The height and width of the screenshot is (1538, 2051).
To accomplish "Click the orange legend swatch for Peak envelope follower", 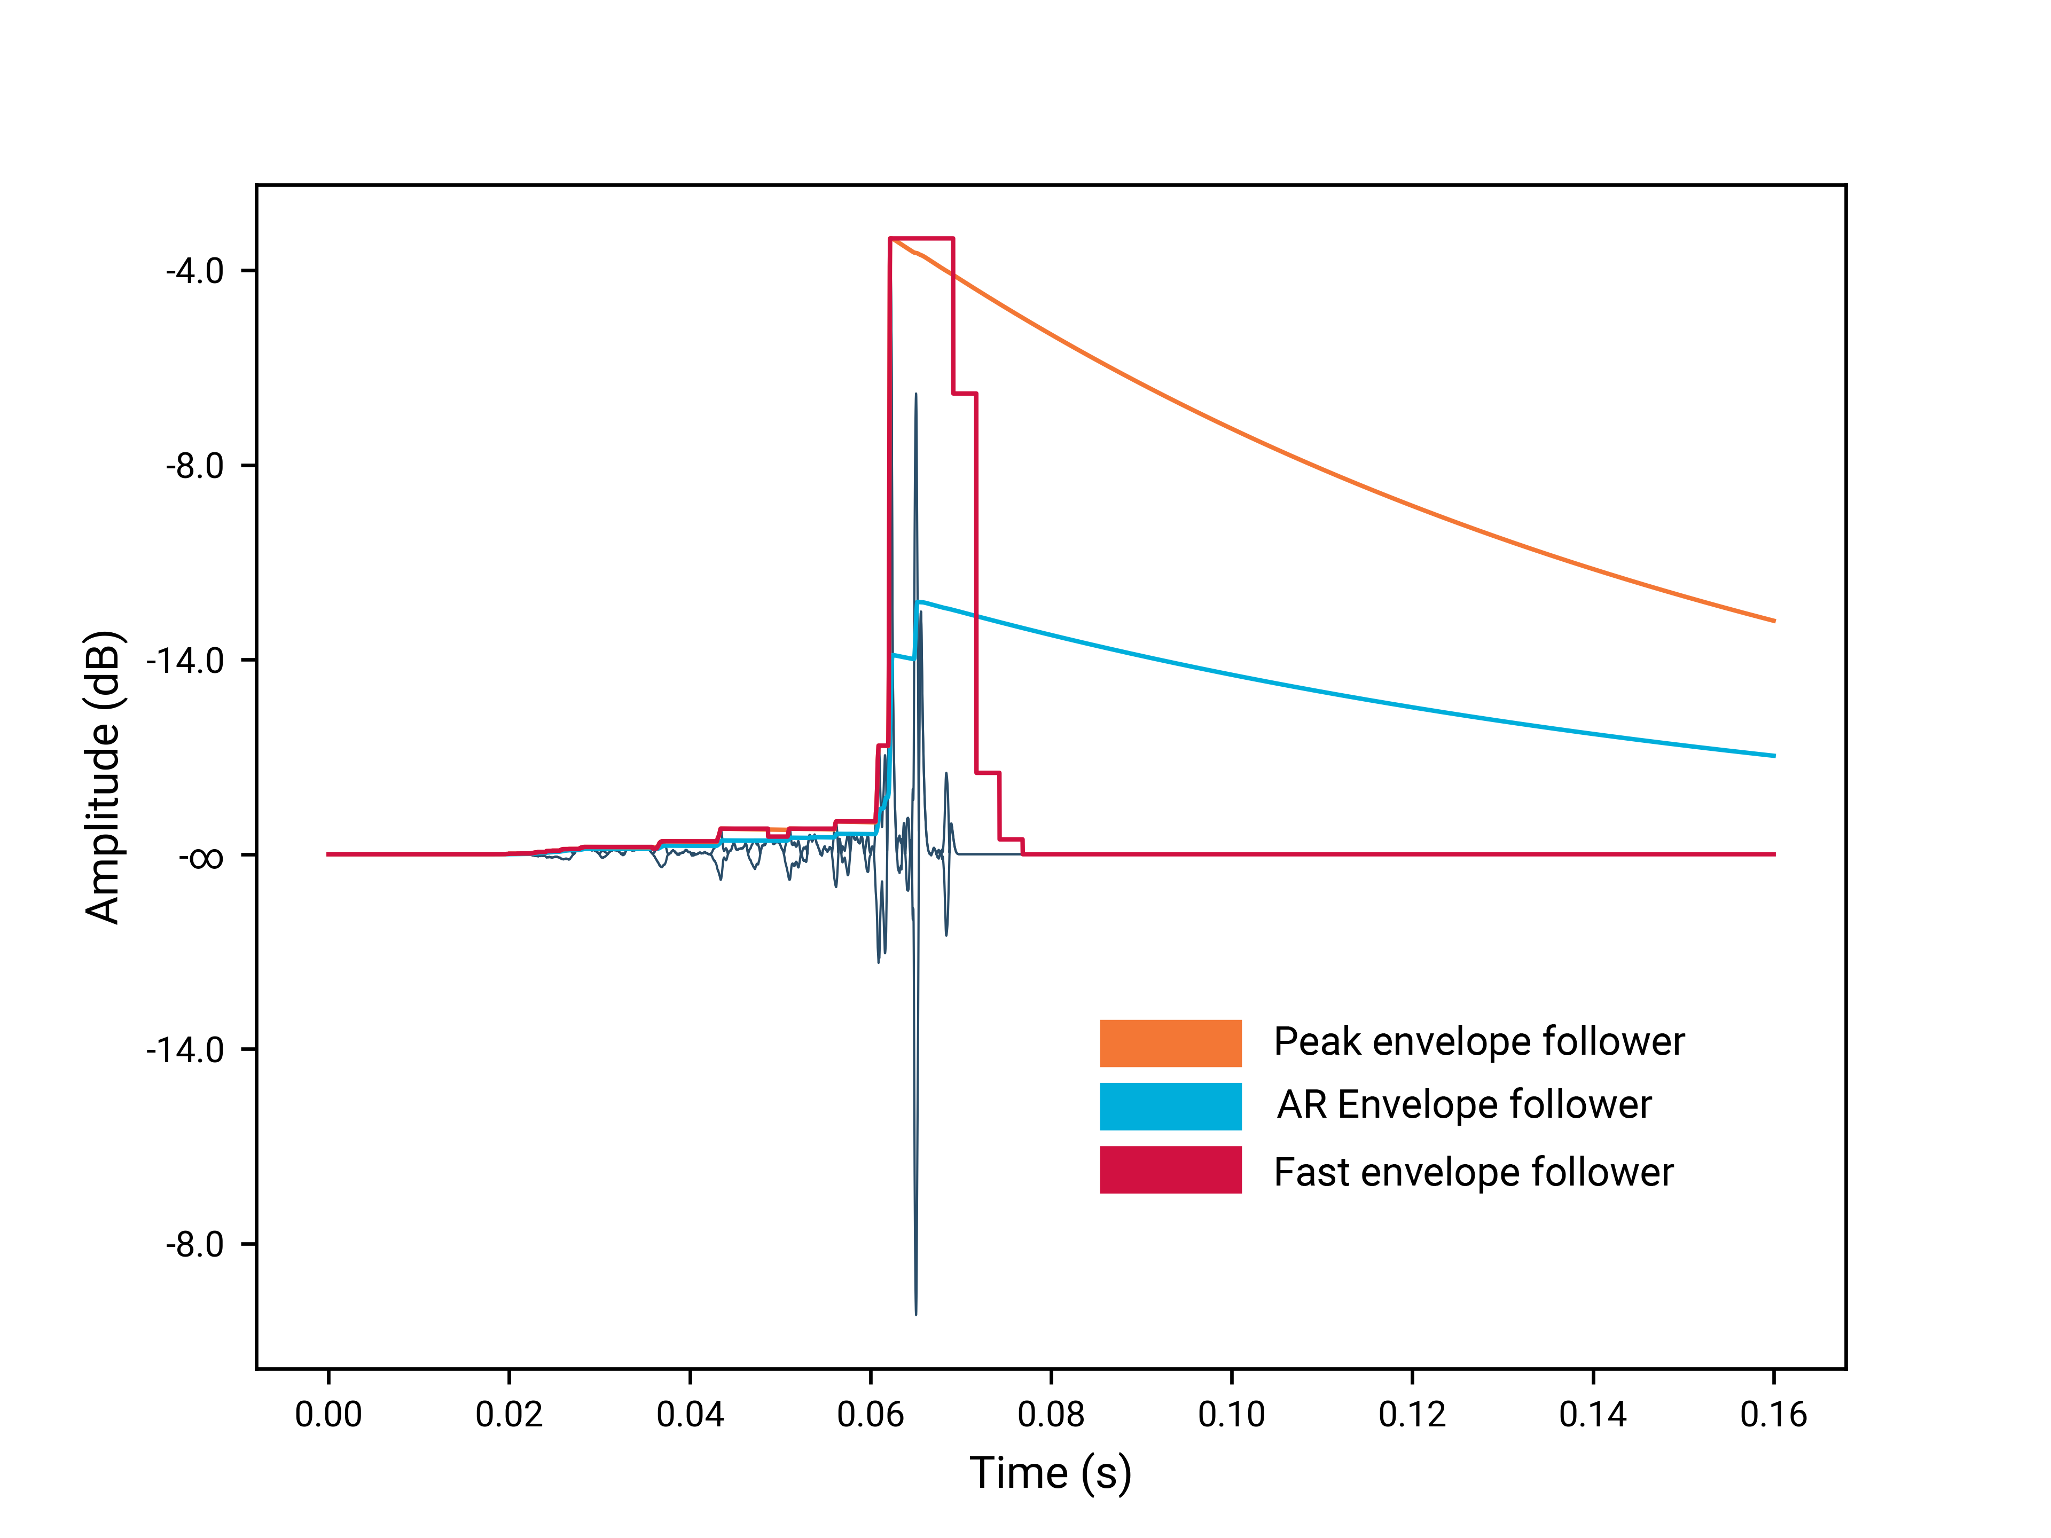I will click(1170, 1043).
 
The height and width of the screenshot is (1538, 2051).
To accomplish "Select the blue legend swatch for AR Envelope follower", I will click(1170, 1106).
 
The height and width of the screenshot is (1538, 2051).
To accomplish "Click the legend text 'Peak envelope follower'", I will click(1478, 1042).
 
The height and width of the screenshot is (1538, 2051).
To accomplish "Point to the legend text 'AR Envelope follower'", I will click(1463, 1105).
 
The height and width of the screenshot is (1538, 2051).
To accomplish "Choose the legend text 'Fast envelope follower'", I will click(1473, 1173).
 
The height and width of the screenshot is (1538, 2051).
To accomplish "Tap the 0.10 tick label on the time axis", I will click(1231, 1415).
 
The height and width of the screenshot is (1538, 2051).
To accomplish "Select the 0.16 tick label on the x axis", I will click(1773, 1415).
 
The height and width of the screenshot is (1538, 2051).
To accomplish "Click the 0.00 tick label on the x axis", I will click(328, 1415).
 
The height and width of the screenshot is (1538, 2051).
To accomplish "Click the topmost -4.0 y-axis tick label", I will click(195, 272).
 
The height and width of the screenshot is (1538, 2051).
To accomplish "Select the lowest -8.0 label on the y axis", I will click(195, 1244).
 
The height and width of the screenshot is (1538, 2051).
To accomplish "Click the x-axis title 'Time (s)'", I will click(1051, 1473).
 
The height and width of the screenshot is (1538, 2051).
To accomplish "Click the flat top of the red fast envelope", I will click(921, 239).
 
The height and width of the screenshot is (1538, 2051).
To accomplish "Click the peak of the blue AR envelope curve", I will click(919, 602).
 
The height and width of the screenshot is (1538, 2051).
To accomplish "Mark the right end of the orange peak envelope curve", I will click(1773, 620).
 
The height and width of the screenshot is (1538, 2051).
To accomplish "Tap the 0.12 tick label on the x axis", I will click(1412, 1415).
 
